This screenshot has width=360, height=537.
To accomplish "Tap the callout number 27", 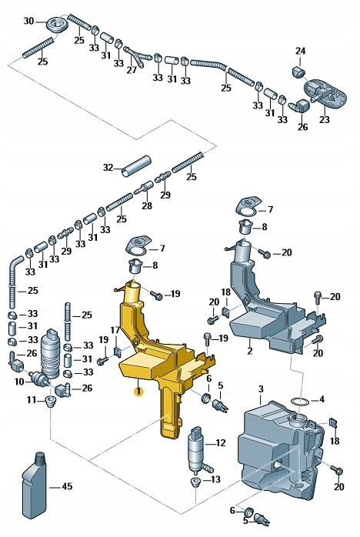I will [x=132, y=69].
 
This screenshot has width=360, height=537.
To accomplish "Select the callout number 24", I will [x=301, y=52].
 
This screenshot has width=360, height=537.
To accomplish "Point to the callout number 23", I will [x=325, y=119].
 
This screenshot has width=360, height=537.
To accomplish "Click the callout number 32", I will [x=108, y=167].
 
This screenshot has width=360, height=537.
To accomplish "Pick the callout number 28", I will [x=147, y=206].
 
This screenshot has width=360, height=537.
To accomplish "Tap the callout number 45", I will [x=67, y=486].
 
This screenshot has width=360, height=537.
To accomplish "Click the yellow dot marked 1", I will [x=138, y=392].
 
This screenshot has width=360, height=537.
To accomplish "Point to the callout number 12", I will [x=221, y=443].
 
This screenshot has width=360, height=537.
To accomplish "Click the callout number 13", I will [x=215, y=479].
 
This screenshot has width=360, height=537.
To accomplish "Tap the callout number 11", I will [x=32, y=400].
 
